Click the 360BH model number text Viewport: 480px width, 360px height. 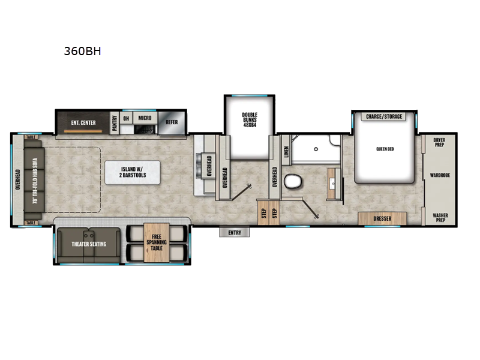coord(82,51)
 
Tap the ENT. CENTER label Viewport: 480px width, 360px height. coord(83,122)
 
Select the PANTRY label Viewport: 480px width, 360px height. coord(114,119)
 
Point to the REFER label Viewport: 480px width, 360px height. coord(172,121)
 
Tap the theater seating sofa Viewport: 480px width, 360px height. coord(89,244)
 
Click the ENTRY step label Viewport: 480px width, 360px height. coord(235,232)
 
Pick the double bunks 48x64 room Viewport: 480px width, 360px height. coord(249,126)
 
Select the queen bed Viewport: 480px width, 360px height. coord(384,150)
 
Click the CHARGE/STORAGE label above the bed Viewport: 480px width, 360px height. coord(383,116)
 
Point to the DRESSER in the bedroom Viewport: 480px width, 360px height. coord(382,218)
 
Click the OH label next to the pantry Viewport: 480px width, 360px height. coord(126,118)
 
